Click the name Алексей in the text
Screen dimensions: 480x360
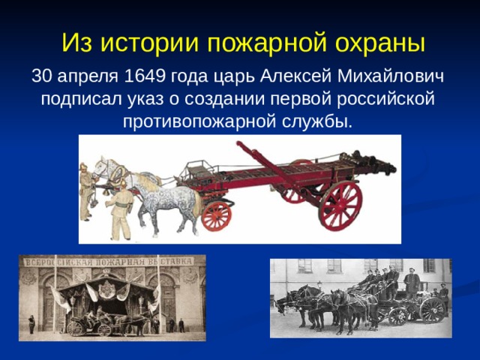click(x=295, y=77)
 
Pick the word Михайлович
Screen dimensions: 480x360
click(x=391, y=77)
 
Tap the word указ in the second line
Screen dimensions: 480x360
click(x=145, y=99)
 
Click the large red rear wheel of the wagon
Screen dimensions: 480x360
click(x=340, y=205)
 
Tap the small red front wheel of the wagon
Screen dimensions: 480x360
click(x=217, y=216)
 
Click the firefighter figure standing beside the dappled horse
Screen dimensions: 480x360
click(x=119, y=210)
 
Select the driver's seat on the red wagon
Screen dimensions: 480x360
click(x=197, y=169)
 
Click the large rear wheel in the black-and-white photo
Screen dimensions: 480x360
click(x=433, y=310)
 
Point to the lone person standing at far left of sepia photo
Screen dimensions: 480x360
click(x=31, y=324)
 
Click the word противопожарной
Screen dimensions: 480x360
click(x=199, y=121)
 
